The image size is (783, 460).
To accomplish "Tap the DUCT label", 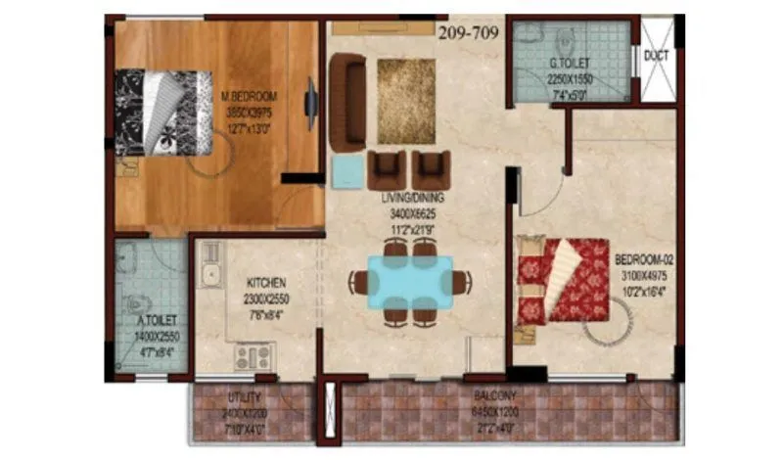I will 655,56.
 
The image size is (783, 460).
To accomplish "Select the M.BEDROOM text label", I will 250,96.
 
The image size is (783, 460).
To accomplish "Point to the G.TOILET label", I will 567,65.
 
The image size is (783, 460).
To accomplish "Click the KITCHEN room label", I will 265,283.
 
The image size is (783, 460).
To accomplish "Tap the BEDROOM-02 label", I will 642,261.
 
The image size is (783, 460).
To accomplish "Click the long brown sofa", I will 346,102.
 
